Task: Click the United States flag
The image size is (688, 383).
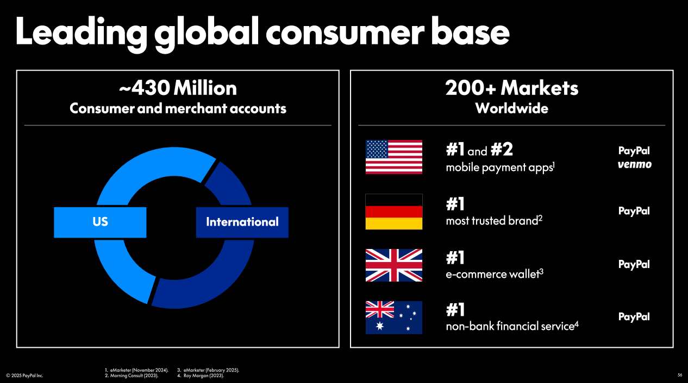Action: [394, 157]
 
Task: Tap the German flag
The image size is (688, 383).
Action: [394, 212]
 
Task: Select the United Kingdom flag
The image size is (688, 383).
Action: [394, 265]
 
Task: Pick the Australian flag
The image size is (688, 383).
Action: [394, 317]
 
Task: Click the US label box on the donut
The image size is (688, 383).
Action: [100, 222]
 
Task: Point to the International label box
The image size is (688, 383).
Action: [242, 222]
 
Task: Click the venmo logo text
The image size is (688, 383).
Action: [635, 164]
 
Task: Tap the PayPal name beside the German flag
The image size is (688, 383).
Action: [634, 211]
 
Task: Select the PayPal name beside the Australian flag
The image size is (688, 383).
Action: [634, 317]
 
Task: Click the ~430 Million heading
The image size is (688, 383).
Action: [178, 88]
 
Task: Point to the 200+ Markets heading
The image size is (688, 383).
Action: [512, 88]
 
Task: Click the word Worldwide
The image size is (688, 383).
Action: [512, 108]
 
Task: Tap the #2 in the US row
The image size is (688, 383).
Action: [502, 149]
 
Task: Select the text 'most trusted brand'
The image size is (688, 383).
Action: [492, 221]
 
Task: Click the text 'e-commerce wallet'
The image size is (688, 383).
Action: [493, 274]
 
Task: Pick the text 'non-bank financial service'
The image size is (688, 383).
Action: [510, 326]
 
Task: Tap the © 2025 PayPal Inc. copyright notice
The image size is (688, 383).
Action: [24, 375]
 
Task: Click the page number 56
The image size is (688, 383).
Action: [680, 375]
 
